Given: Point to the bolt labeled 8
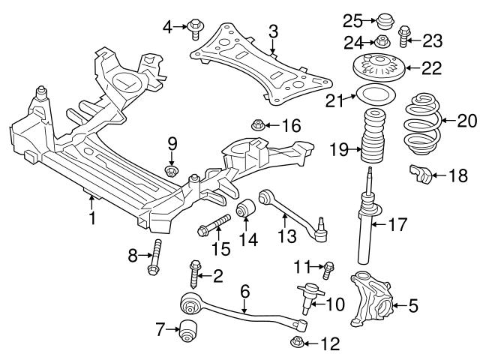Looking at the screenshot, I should click(157, 259).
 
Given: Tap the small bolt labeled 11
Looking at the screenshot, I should click(328, 266).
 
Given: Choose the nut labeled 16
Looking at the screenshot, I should click(257, 124).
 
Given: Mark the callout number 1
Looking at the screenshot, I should click(92, 218).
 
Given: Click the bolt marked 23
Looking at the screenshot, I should click(403, 32).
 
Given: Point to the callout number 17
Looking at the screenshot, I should click(397, 223).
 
